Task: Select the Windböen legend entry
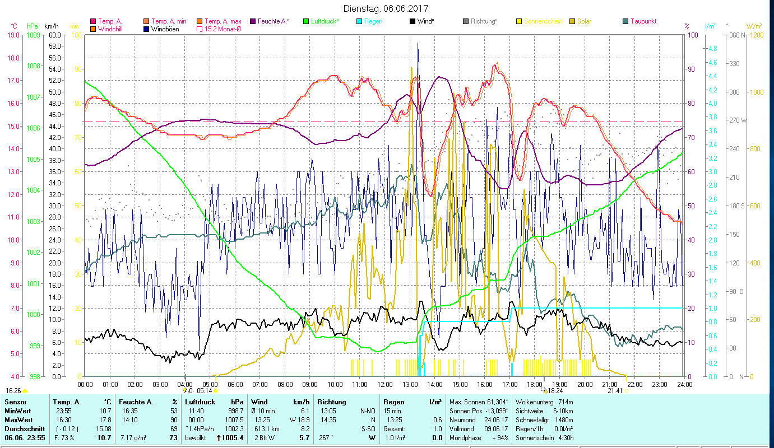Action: tap(165, 29)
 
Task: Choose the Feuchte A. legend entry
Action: tap(273, 21)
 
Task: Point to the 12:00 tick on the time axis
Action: tap(384, 384)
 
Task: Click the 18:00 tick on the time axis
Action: tap(535, 384)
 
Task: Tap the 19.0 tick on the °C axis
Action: tap(12, 35)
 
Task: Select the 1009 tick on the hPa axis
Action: tap(33, 35)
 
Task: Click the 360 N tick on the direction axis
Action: tap(736, 35)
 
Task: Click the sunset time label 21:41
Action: tap(615, 390)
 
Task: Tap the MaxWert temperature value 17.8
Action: tap(104, 419)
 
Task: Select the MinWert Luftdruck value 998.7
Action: tap(233, 410)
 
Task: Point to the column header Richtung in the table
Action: tap(331, 402)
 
